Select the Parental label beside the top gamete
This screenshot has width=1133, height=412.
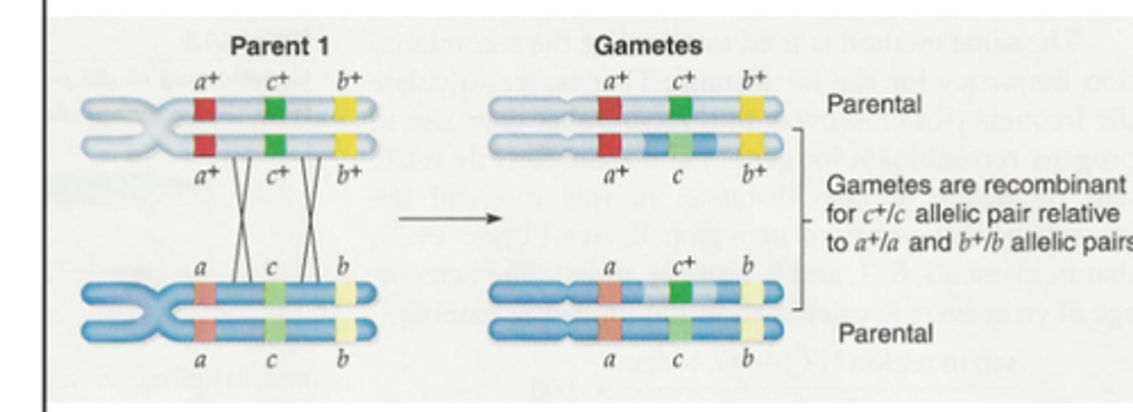tap(873, 105)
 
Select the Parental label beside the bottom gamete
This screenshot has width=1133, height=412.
tap(885, 333)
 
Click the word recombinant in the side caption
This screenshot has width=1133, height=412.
tap(1077, 186)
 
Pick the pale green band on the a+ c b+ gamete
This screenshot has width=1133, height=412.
tap(681, 145)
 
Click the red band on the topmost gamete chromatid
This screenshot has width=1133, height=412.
tap(609, 109)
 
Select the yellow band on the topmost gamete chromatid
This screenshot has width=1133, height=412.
tap(751, 109)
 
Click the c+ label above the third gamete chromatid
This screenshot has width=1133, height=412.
tap(681, 267)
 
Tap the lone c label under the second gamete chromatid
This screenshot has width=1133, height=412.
tap(677, 175)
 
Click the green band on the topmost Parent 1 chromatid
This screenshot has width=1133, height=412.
tap(275, 109)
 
